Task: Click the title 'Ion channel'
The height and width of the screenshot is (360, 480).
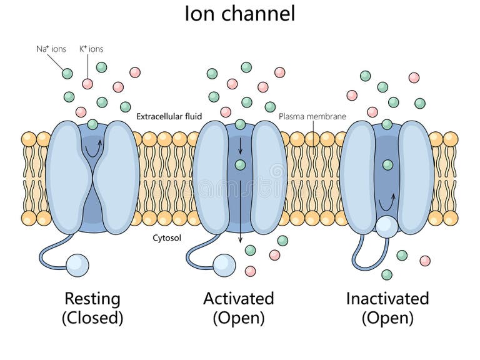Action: tap(240, 13)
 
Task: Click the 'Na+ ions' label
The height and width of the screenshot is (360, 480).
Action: tap(51, 49)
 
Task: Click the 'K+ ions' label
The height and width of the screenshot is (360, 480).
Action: tap(91, 49)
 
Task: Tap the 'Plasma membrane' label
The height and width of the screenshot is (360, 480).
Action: tap(312, 116)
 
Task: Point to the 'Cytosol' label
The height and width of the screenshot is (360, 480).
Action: tap(167, 238)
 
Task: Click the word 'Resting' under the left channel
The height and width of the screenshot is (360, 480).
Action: tap(92, 298)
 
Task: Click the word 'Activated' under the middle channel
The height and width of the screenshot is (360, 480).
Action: tap(239, 298)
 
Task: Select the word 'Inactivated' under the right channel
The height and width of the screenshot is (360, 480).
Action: tap(387, 298)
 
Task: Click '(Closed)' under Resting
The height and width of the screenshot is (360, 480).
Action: tap(92, 318)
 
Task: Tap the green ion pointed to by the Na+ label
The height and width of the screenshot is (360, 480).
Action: tap(67, 73)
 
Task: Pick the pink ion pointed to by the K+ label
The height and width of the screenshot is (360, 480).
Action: tap(87, 84)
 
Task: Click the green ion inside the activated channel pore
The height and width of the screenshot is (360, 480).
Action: tap(240, 165)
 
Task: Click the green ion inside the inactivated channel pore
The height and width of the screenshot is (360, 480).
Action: tap(387, 165)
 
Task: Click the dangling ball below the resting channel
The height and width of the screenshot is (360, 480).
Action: tap(77, 264)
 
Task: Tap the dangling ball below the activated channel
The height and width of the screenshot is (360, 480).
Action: tap(224, 264)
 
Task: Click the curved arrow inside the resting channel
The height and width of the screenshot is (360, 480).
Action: tap(92, 147)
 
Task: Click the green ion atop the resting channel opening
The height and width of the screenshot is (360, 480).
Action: tap(92, 124)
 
